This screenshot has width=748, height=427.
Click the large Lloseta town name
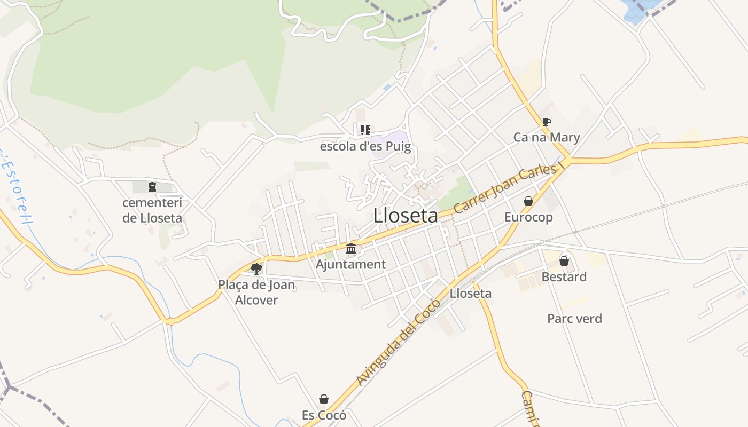(406, 216)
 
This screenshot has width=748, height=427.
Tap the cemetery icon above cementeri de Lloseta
(152, 187)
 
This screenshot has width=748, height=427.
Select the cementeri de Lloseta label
(152, 210)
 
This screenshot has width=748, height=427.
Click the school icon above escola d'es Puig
(365, 130)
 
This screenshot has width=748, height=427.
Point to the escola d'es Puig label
(365, 146)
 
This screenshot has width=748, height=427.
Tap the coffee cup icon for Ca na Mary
(546, 122)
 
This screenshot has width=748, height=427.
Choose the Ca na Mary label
(546, 138)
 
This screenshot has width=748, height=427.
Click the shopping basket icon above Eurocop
(528, 201)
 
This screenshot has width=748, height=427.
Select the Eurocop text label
(528, 217)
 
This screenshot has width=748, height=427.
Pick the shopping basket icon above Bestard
(564, 261)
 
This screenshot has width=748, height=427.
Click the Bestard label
(564, 277)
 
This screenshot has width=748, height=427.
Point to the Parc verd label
(574, 319)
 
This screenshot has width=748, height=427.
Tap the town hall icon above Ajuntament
(351, 248)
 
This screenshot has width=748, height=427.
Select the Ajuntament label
(350, 264)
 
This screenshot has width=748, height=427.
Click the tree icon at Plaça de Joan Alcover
(256, 268)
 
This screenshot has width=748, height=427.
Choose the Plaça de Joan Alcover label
(256, 292)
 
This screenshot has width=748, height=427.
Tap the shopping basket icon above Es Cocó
(324, 399)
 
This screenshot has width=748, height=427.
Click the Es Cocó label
(324, 415)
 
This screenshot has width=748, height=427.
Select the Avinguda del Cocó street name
(398, 343)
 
